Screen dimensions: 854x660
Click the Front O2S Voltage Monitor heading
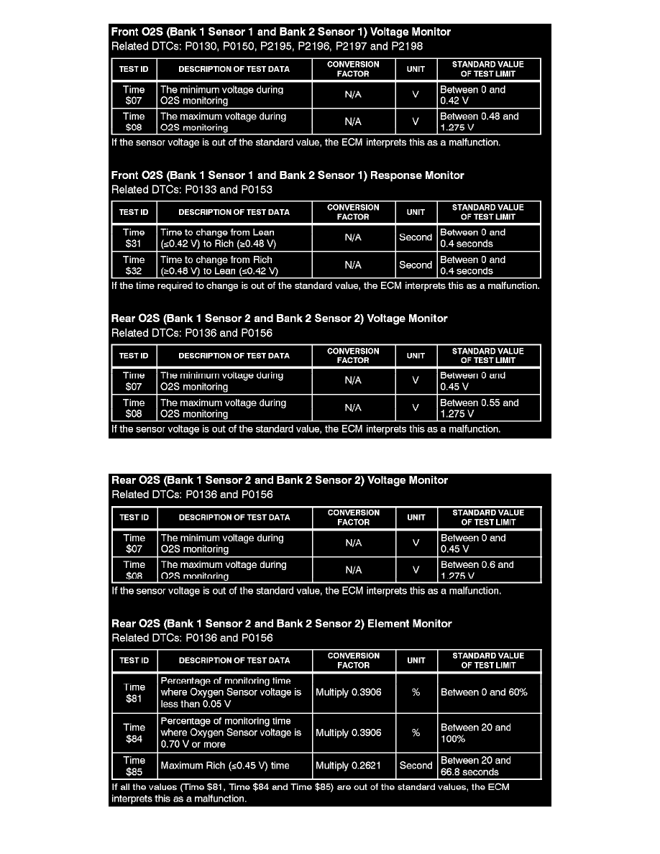[281, 32]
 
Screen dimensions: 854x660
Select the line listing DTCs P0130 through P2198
[267, 46]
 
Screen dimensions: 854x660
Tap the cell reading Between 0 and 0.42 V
[488, 96]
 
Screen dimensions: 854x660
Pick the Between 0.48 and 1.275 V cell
[488, 121]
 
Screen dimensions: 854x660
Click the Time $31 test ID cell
[134, 238]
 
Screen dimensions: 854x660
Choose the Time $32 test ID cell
[134, 265]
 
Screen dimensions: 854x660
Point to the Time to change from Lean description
[234, 238]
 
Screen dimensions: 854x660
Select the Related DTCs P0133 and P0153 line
[191, 190]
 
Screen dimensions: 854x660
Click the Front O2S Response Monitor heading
[288, 175]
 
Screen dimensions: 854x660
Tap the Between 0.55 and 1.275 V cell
[488, 408]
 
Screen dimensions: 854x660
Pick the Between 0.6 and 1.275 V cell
[488, 570]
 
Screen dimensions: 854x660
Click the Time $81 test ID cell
[134, 692]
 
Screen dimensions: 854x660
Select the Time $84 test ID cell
[134, 733]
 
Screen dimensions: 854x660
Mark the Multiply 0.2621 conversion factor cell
[352, 766]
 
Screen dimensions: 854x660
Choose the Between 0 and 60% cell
[488, 692]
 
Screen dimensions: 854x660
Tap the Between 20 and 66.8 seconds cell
[488, 766]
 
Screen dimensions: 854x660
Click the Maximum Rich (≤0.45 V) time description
[234, 766]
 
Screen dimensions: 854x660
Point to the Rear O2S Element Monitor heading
[281, 624]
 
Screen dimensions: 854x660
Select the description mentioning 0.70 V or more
[234, 733]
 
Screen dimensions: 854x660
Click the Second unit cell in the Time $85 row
[416, 766]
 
